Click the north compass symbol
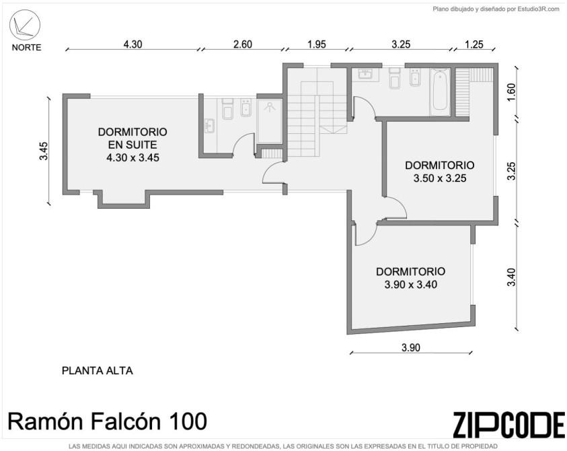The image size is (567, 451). [25, 25]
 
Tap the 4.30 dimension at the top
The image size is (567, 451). [133, 44]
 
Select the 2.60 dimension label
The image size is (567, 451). [242, 44]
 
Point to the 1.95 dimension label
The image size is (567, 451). [316, 44]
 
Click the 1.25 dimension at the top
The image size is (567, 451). [474, 44]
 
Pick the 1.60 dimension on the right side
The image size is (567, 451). [511, 92]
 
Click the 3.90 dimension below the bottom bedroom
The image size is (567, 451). [411, 347]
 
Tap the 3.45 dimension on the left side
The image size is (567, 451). [44, 151]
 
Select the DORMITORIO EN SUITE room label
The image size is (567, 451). [133, 138]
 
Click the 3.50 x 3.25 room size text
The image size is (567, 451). [440, 178]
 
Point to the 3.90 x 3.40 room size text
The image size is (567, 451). [411, 285]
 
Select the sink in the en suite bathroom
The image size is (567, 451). [209, 126]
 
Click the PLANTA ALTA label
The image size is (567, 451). [98, 371]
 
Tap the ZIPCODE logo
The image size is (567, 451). [508, 424]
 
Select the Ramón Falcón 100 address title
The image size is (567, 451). [108, 421]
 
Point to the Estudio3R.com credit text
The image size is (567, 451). [496, 9]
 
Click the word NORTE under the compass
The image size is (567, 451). [26, 47]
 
